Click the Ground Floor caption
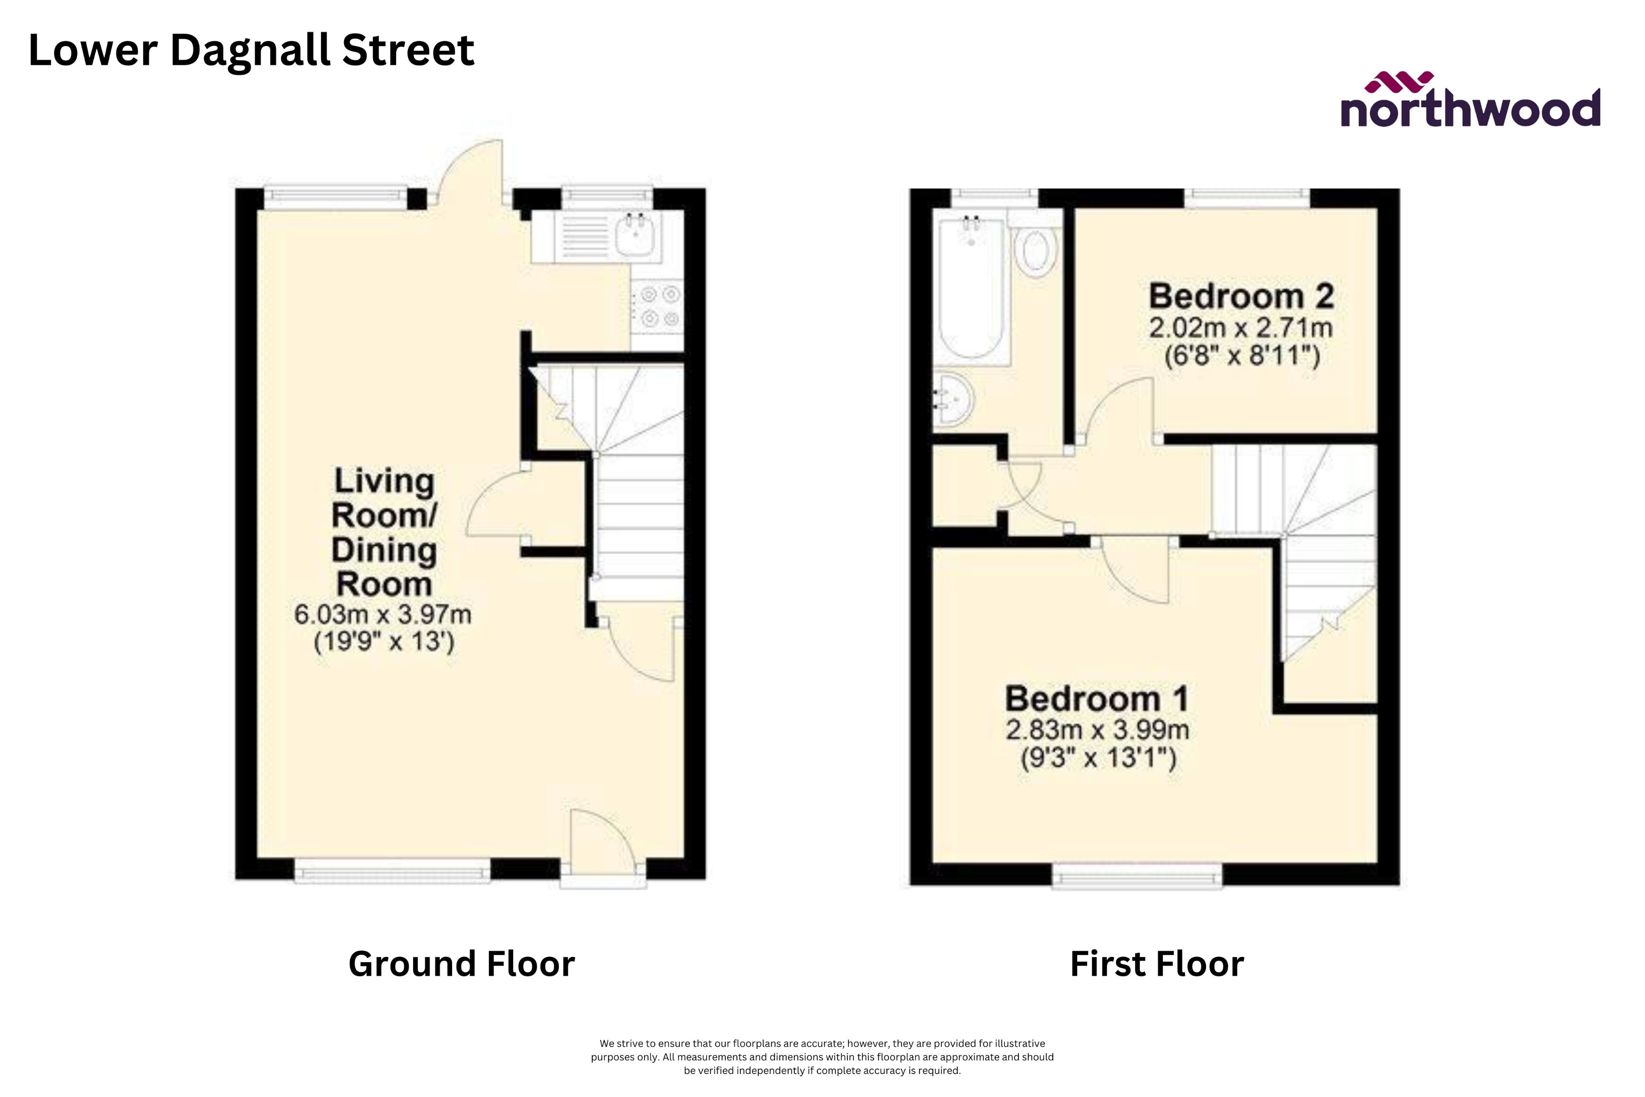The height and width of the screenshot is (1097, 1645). pyautogui.click(x=461, y=964)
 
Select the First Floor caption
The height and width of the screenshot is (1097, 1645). pyautogui.click(x=1157, y=964)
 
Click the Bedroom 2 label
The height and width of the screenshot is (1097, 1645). pyautogui.click(x=1241, y=297)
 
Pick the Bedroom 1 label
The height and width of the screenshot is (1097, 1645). pyautogui.click(x=1097, y=699)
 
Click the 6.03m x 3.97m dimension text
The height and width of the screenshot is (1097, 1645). pyautogui.click(x=383, y=615)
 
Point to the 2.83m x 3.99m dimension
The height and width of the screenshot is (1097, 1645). pyautogui.click(x=1097, y=730)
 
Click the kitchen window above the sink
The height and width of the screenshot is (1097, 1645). pyautogui.click(x=607, y=197)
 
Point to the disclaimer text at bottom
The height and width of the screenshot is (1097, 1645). pyautogui.click(x=822, y=1057)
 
